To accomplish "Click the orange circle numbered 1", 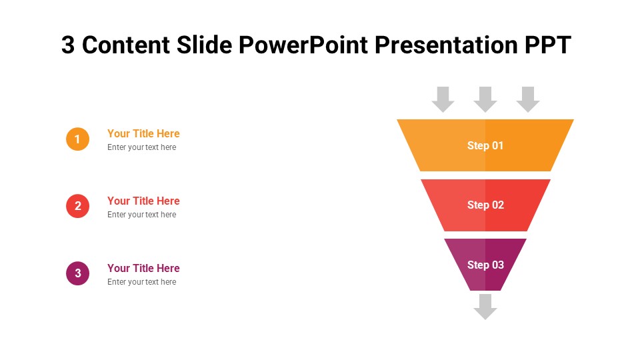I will coord(77,139).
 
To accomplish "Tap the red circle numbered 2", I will coord(77,206).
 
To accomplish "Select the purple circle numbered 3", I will coord(77,273).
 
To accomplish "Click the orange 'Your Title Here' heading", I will coord(143,133).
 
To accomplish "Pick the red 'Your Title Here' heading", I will coord(143,201).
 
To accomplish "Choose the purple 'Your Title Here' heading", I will coord(143,268).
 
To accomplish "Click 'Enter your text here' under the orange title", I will coord(141,147).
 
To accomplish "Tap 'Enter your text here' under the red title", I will coord(141,215).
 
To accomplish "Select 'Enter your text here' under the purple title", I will coord(141,282).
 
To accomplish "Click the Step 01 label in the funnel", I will coord(485,145).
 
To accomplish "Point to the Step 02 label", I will coord(485,205).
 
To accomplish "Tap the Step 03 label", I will coord(485,265).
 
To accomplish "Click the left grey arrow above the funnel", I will coord(443,99).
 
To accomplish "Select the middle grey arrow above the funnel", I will coord(485,99).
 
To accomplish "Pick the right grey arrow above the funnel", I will coord(528,99).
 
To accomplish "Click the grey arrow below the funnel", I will coord(485,307).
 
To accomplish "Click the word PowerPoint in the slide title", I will coord(303,45).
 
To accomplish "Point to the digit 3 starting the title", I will coord(68,45).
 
